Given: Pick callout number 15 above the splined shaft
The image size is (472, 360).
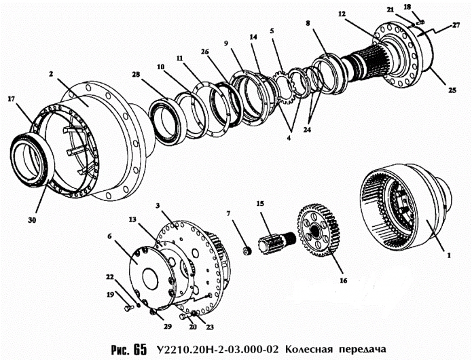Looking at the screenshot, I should pyautogui.click(x=259, y=204).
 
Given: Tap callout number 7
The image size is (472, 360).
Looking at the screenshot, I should pyautogui.click(x=229, y=214).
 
